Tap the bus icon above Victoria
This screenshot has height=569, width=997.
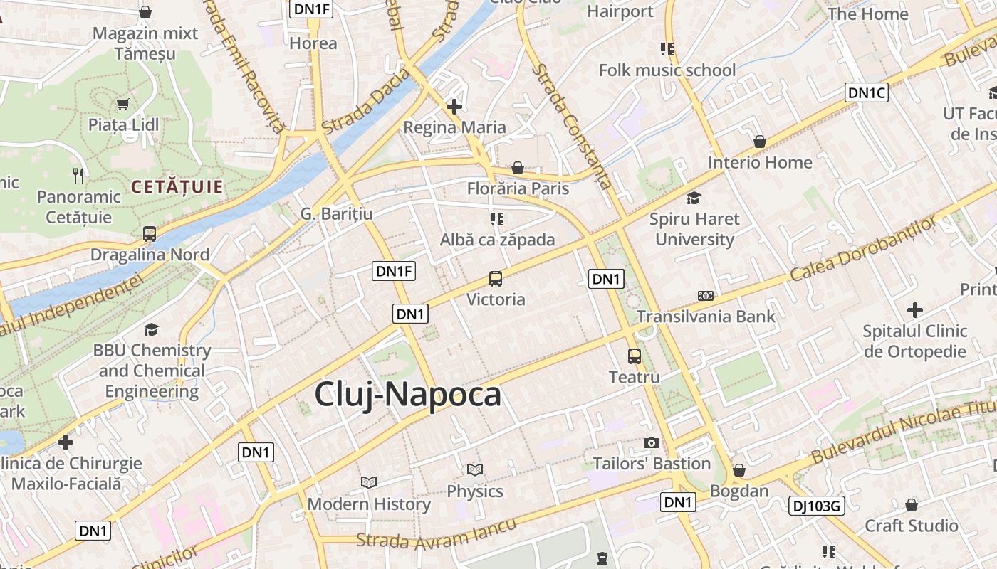(x=496, y=279)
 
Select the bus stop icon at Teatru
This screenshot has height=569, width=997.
(x=634, y=356)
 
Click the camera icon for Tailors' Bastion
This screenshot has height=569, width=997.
(x=652, y=443)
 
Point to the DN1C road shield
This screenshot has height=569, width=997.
(x=867, y=92)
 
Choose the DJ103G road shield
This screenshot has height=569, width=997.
(x=817, y=506)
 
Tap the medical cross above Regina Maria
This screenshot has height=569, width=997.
(x=454, y=107)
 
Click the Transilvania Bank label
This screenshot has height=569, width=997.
(x=706, y=317)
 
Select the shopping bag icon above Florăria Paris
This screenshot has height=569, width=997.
(x=518, y=168)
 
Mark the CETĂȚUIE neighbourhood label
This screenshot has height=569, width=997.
(x=177, y=188)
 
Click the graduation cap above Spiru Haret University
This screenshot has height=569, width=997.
(x=694, y=198)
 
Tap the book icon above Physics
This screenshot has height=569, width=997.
(x=474, y=469)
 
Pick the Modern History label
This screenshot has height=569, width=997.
(x=369, y=504)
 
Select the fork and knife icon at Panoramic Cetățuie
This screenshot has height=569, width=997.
(x=78, y=175)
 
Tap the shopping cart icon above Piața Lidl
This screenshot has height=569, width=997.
(x=122, y=105)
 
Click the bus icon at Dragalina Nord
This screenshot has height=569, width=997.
(x=150, y=233)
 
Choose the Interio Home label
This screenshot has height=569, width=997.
(x=760, y=162)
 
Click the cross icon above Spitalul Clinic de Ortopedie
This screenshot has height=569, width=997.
(x=915, y=310)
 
